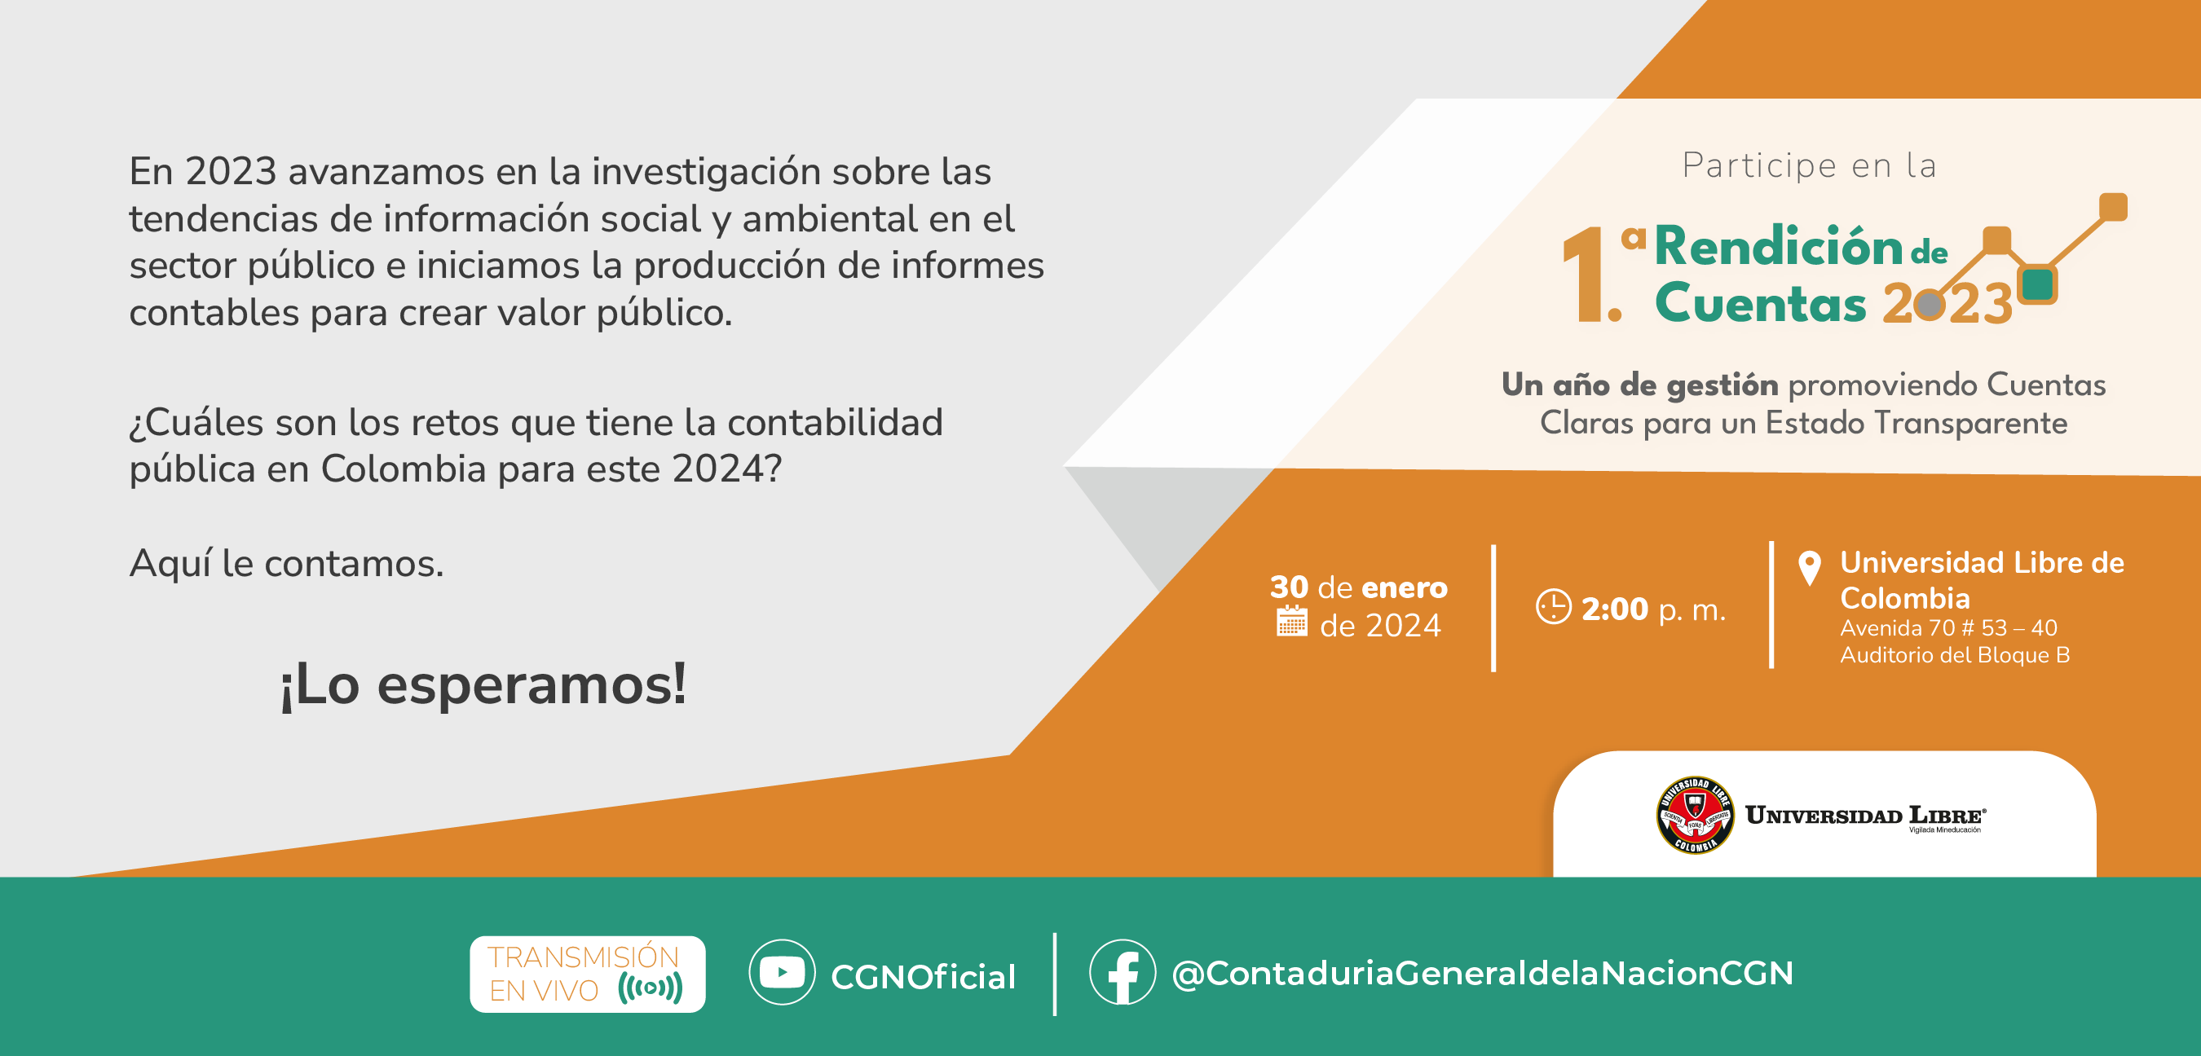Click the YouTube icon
(782, 972)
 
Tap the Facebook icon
(1123, 972)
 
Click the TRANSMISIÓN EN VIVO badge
(588, 974)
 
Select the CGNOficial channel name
(923, 976)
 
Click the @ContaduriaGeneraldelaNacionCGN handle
(1483, 973)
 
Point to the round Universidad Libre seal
(1696, 815)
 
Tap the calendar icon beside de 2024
(1292, 621)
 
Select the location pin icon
(1809, 567)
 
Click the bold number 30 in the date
(1289, 587)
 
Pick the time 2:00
(1614, 609)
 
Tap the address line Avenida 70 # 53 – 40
(1948, 628)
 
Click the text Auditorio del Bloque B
(1954, 655)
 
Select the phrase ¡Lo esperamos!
(483, 684)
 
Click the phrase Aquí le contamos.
(286, 563)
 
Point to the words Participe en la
(1809, 165)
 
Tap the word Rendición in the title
(1778, 246)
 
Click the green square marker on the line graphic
(2038, 284)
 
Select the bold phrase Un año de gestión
(1639, 385)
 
